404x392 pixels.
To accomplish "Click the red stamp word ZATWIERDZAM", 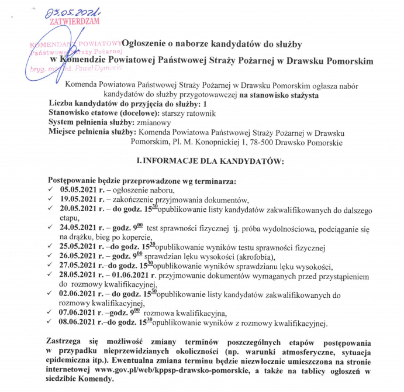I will coord(75,21).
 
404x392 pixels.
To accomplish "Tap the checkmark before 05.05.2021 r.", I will coord(51,190).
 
